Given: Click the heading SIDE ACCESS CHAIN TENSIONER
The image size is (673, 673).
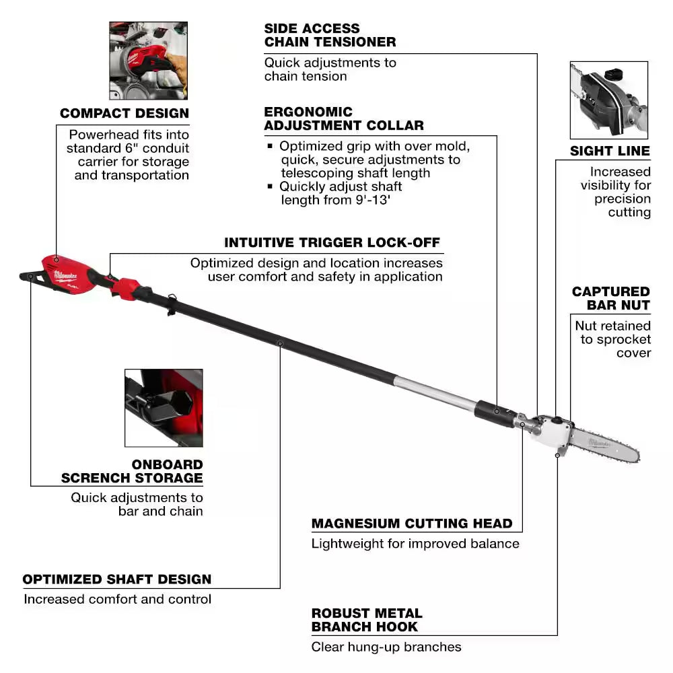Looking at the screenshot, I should click(x=330, y=35).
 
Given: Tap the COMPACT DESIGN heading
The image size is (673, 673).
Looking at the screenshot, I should click(x=125, y=113).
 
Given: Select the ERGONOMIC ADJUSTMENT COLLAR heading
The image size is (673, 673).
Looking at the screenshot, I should click(x=344, y=118).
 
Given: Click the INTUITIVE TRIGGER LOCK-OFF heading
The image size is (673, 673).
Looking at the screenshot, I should click(x=332, y=242).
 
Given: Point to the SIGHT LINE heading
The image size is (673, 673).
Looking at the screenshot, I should click(x=610, y=151).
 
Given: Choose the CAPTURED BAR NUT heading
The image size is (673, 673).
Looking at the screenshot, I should click(x=610, y=298).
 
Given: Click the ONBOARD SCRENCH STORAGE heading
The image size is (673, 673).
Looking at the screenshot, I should click(x=132, y=471).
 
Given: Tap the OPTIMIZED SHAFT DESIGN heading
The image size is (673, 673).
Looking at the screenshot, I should click(x=117, y=579).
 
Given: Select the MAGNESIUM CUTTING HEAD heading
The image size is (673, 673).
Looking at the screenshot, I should click(x=412, y=523).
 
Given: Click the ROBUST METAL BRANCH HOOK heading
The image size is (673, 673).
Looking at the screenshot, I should click(x=367, y=620).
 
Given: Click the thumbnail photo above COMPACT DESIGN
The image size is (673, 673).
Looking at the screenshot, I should click(x=148, y=61).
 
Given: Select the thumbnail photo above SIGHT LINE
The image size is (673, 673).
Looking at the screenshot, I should click(x=608, y=100).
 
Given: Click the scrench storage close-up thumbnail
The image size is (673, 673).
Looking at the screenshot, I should click(x=164, y=407).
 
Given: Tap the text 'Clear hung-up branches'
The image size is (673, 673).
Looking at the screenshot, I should click(x=386, y=647).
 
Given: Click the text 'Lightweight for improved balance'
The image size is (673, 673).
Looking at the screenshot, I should click(x=415, y=543).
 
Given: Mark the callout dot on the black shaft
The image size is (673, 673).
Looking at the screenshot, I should click(x=280, y=343).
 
